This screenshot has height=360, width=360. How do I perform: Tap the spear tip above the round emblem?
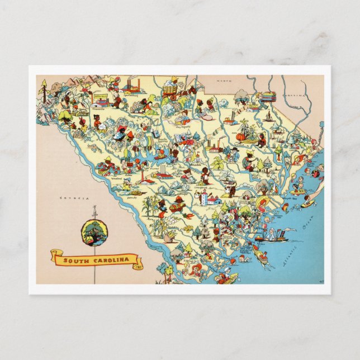click(x=94, y=209)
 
